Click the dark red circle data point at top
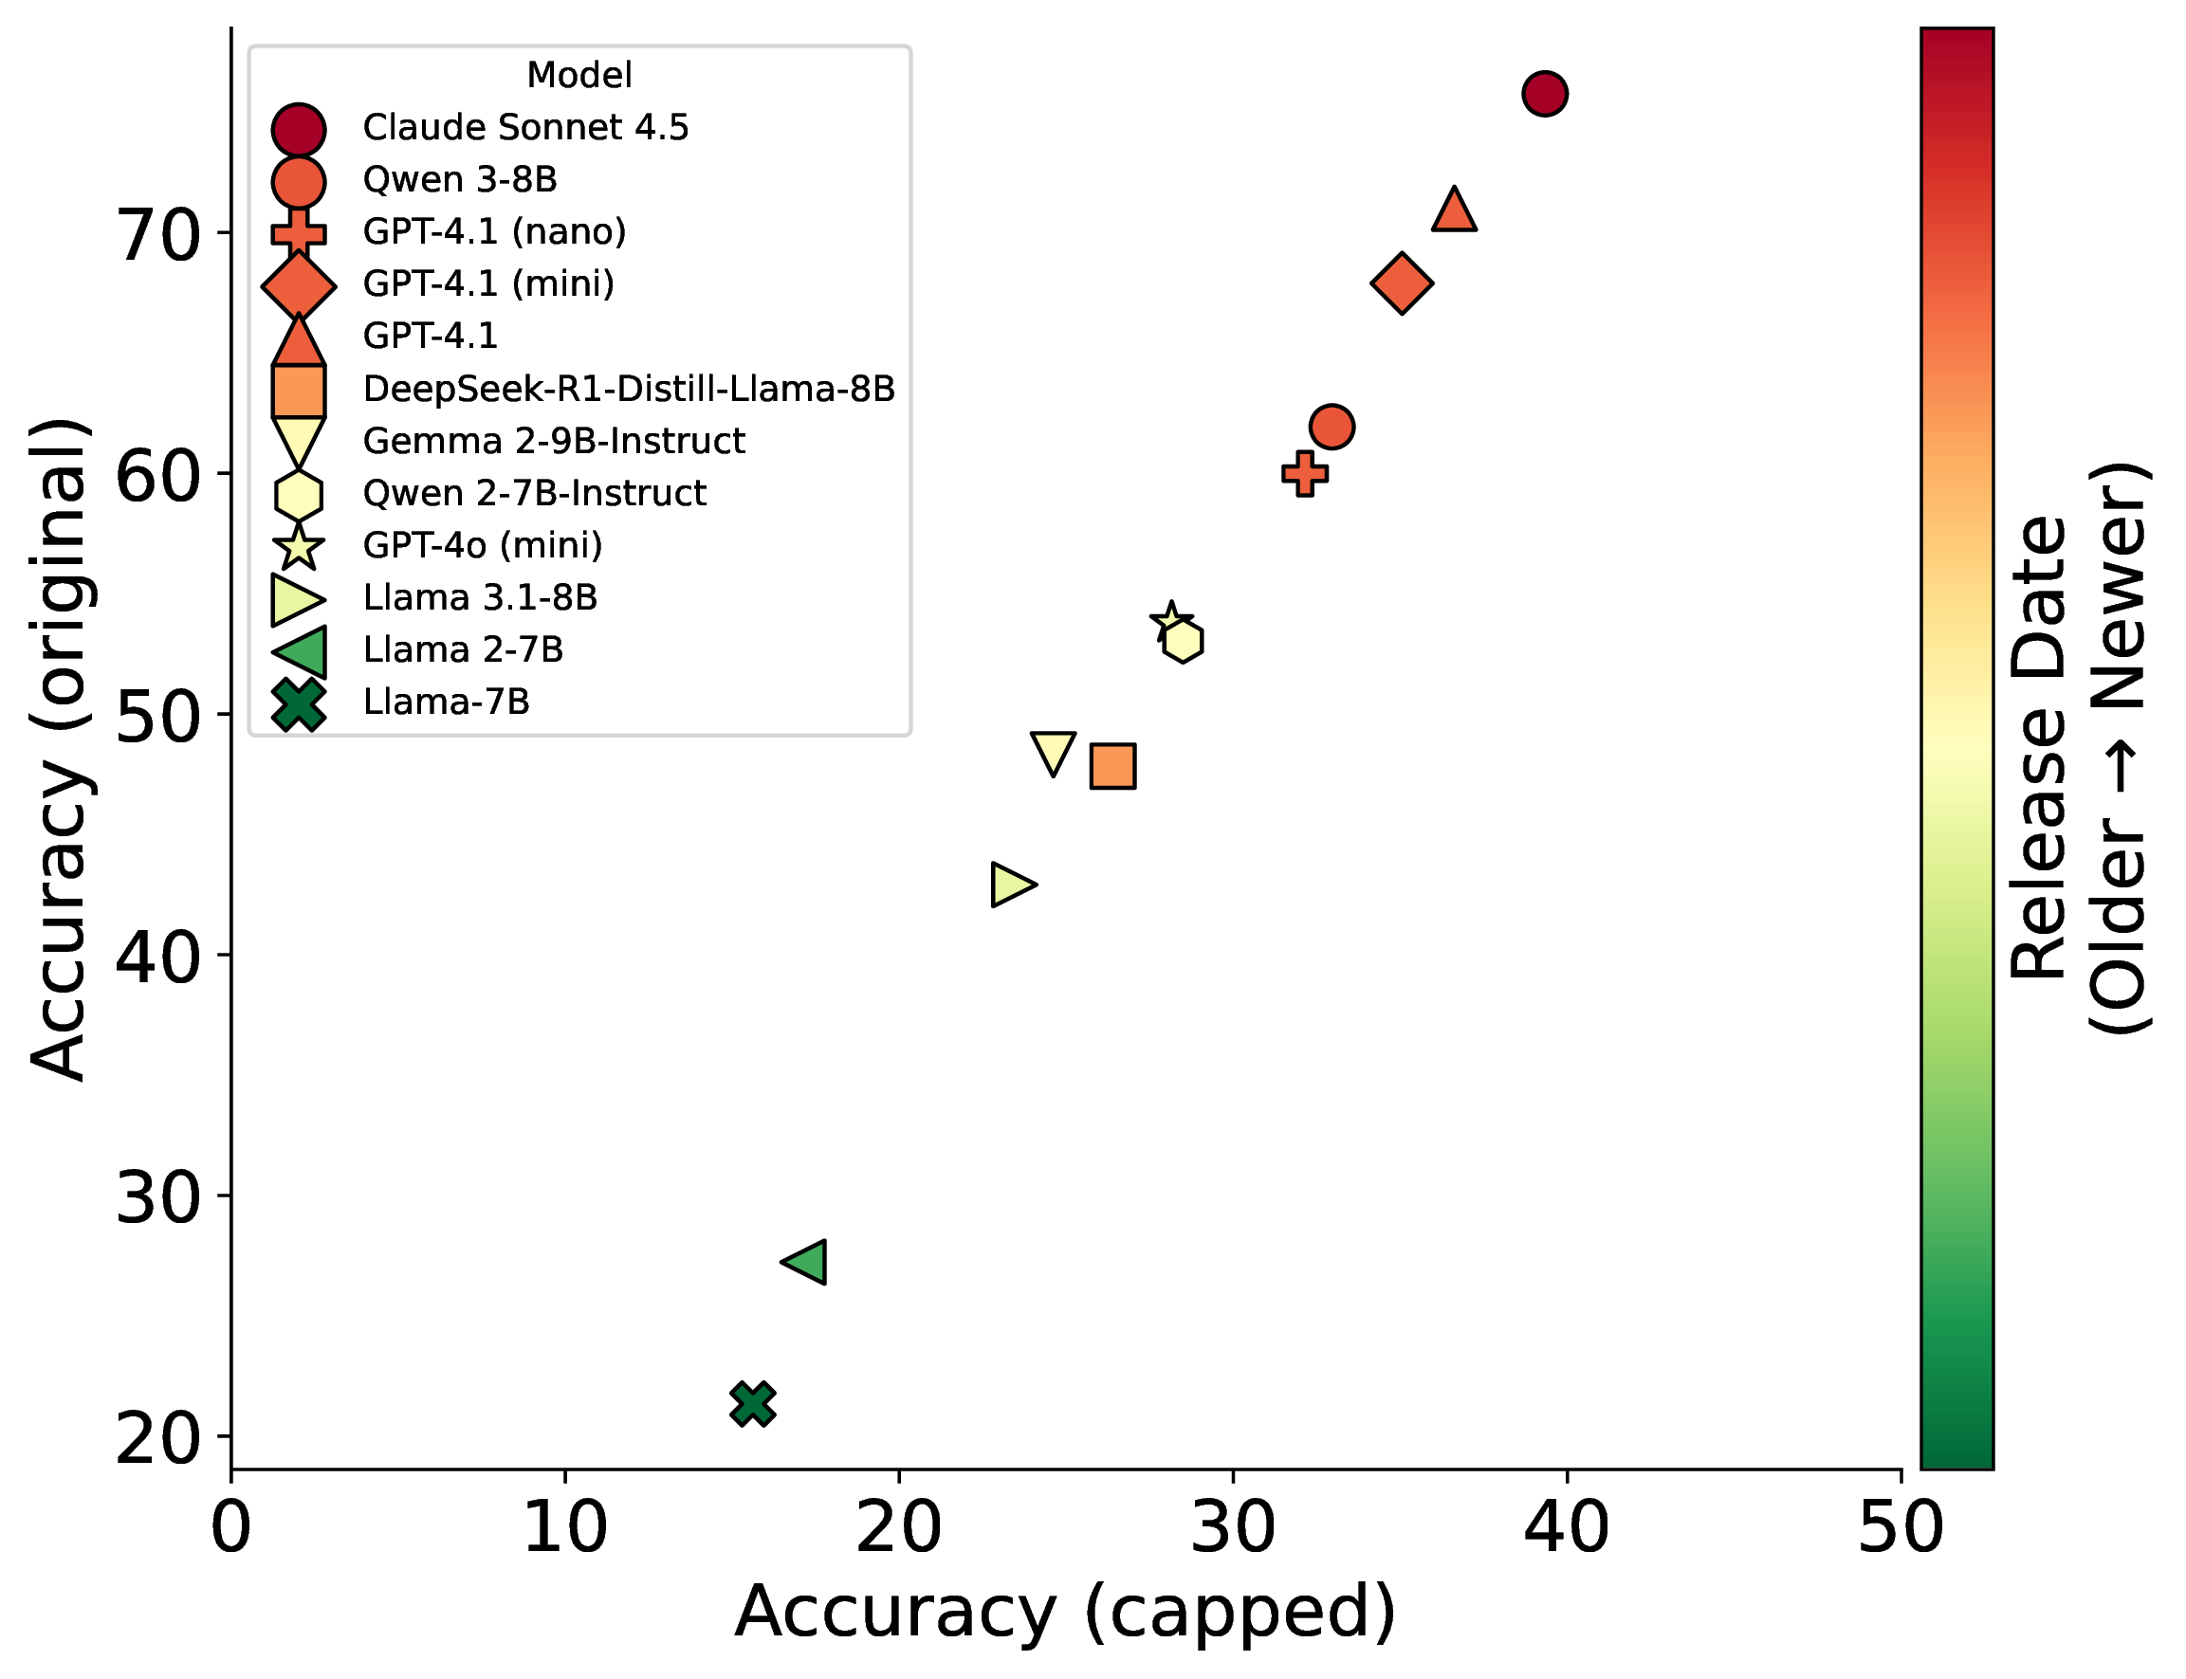1544,94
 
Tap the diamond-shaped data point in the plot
1402,283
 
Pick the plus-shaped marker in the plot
1304,474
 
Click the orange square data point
1112,767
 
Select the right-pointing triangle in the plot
1012,885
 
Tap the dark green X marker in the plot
753,1404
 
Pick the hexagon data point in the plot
1184,641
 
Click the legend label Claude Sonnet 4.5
525,128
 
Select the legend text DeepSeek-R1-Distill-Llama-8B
629,389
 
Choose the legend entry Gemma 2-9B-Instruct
554,441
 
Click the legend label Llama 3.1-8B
480,597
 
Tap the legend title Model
579,75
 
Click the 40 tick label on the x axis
1567,1528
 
